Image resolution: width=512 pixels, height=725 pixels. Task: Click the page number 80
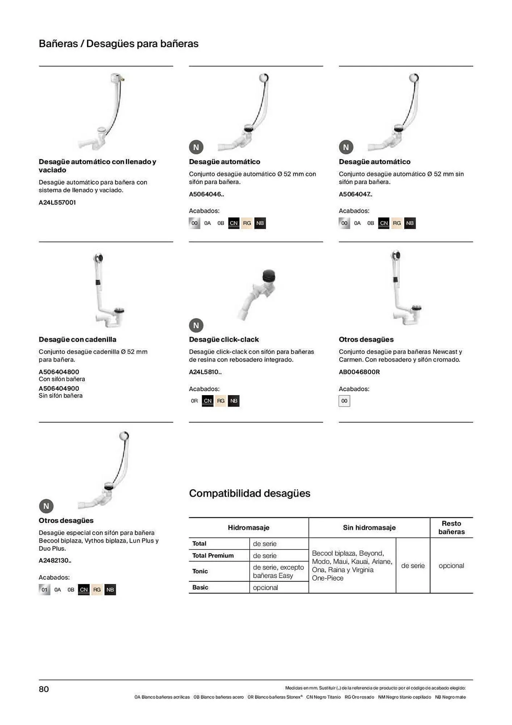click(44, 689)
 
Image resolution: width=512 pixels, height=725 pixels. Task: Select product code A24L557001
click(57, 202)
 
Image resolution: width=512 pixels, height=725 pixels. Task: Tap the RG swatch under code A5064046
click(247, 223)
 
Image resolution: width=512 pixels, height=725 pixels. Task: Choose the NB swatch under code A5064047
click(410, 223)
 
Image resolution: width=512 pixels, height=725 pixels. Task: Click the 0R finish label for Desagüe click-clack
click(194, 401)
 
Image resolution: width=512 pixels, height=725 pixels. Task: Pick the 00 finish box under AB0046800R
click(344, 401)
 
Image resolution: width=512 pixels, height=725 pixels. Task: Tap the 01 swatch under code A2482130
click(45, 589)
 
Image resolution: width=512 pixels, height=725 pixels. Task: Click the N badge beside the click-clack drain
click(196, 325)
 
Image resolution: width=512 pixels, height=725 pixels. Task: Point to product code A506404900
click(59, 388)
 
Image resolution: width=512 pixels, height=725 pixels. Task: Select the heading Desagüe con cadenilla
click(77, 339)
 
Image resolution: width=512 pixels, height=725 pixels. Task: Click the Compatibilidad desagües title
click(249, 493)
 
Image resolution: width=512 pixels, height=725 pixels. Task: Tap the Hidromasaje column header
click(248, 527)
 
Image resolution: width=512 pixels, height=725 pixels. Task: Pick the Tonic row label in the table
click(200, 571)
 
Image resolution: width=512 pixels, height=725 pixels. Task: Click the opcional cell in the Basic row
click(265, 587)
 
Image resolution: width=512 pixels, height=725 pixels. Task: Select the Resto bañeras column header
click(451, 527)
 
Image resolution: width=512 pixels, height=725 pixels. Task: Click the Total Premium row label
click(213, 555)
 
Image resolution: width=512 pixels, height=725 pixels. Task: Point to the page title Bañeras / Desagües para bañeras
click(119, 43)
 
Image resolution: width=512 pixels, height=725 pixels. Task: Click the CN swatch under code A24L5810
click(207, 401)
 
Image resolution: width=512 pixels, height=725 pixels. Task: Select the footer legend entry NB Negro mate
click(450, 697)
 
